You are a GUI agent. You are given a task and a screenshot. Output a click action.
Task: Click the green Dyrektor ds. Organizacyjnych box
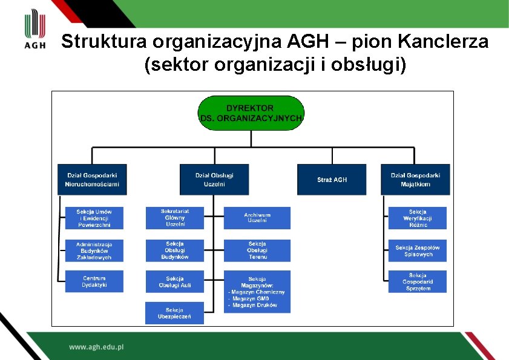click(251, 113)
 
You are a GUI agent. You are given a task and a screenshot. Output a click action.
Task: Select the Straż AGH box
click(332, 179)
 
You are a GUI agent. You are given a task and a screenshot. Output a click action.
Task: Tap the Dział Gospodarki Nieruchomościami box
click(92, 179)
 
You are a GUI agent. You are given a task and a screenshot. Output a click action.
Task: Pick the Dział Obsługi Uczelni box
click(214, 179)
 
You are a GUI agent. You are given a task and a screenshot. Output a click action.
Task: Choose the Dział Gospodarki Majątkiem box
click(415, 179)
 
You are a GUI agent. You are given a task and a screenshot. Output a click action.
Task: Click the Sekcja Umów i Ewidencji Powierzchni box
click(94, 218)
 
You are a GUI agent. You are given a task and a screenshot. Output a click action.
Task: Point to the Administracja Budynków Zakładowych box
click(94, 250)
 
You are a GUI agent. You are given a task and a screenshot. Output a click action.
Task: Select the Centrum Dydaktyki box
click(94, 281)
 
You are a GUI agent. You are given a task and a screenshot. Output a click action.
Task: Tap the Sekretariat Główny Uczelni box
click(175, 218)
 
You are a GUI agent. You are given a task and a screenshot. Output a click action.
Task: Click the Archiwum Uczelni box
click(257, 218)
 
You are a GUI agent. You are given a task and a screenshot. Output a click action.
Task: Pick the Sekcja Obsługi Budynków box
click(175, 250)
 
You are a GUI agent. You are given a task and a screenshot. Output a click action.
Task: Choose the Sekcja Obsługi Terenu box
click(257, 250)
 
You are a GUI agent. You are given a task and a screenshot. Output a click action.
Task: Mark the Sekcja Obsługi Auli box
click(175, 281)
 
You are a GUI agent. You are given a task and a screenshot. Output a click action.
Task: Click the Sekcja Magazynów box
click(257, 291)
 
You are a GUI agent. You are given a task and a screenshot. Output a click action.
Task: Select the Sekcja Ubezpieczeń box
click(175, 313)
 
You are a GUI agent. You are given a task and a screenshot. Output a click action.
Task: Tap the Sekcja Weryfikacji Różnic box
click(418, 218)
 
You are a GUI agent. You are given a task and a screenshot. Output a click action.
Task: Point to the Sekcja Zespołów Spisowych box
click(418, 250)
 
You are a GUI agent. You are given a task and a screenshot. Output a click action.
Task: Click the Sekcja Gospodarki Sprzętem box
click(418, 281)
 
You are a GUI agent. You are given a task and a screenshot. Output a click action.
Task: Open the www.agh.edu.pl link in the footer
click(96, 347)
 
